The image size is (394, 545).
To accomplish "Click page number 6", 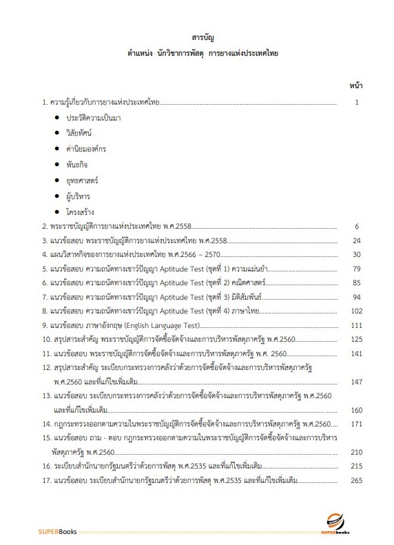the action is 357,225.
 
